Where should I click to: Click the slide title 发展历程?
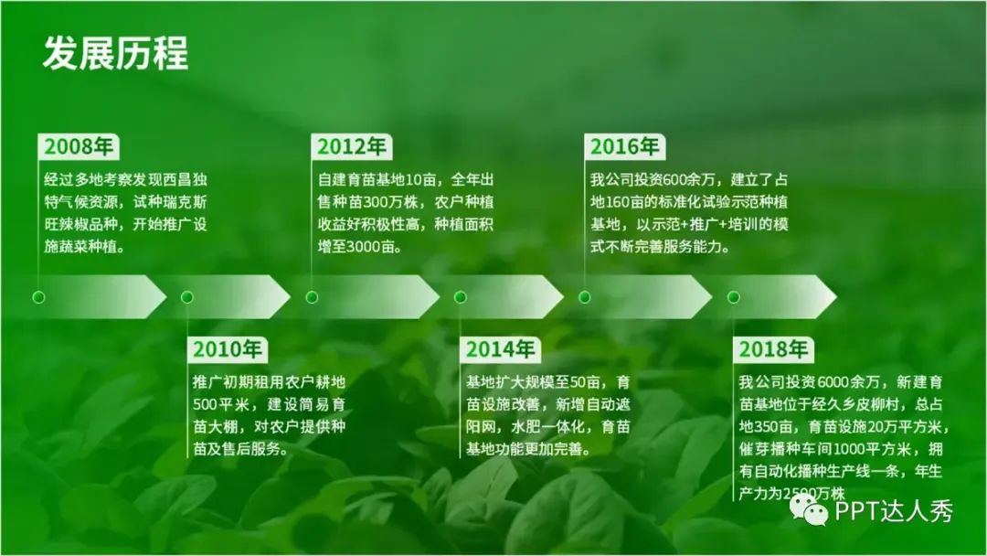(x=116, y=53)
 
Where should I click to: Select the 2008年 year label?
(x=79, y=146)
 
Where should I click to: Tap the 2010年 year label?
(x=228, y=348)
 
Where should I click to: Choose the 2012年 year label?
(x=351, y=146)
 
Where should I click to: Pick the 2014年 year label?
(x=501, y=348)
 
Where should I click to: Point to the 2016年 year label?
(x=624, y=146)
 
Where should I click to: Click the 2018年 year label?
(x=773, y=348)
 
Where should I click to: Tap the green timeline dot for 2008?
(x=38, y=297)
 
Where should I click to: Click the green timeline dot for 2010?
(x=187, y=297)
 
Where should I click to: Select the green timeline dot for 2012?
(x=312, y=297)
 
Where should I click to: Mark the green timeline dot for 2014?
(x=460, y=297)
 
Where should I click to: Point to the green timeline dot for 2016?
(x=584, y=297)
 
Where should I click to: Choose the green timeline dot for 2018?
(x=733, y=297)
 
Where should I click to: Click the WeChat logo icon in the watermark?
(x=810, y=508)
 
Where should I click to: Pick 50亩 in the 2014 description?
(x=585, y=382)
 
